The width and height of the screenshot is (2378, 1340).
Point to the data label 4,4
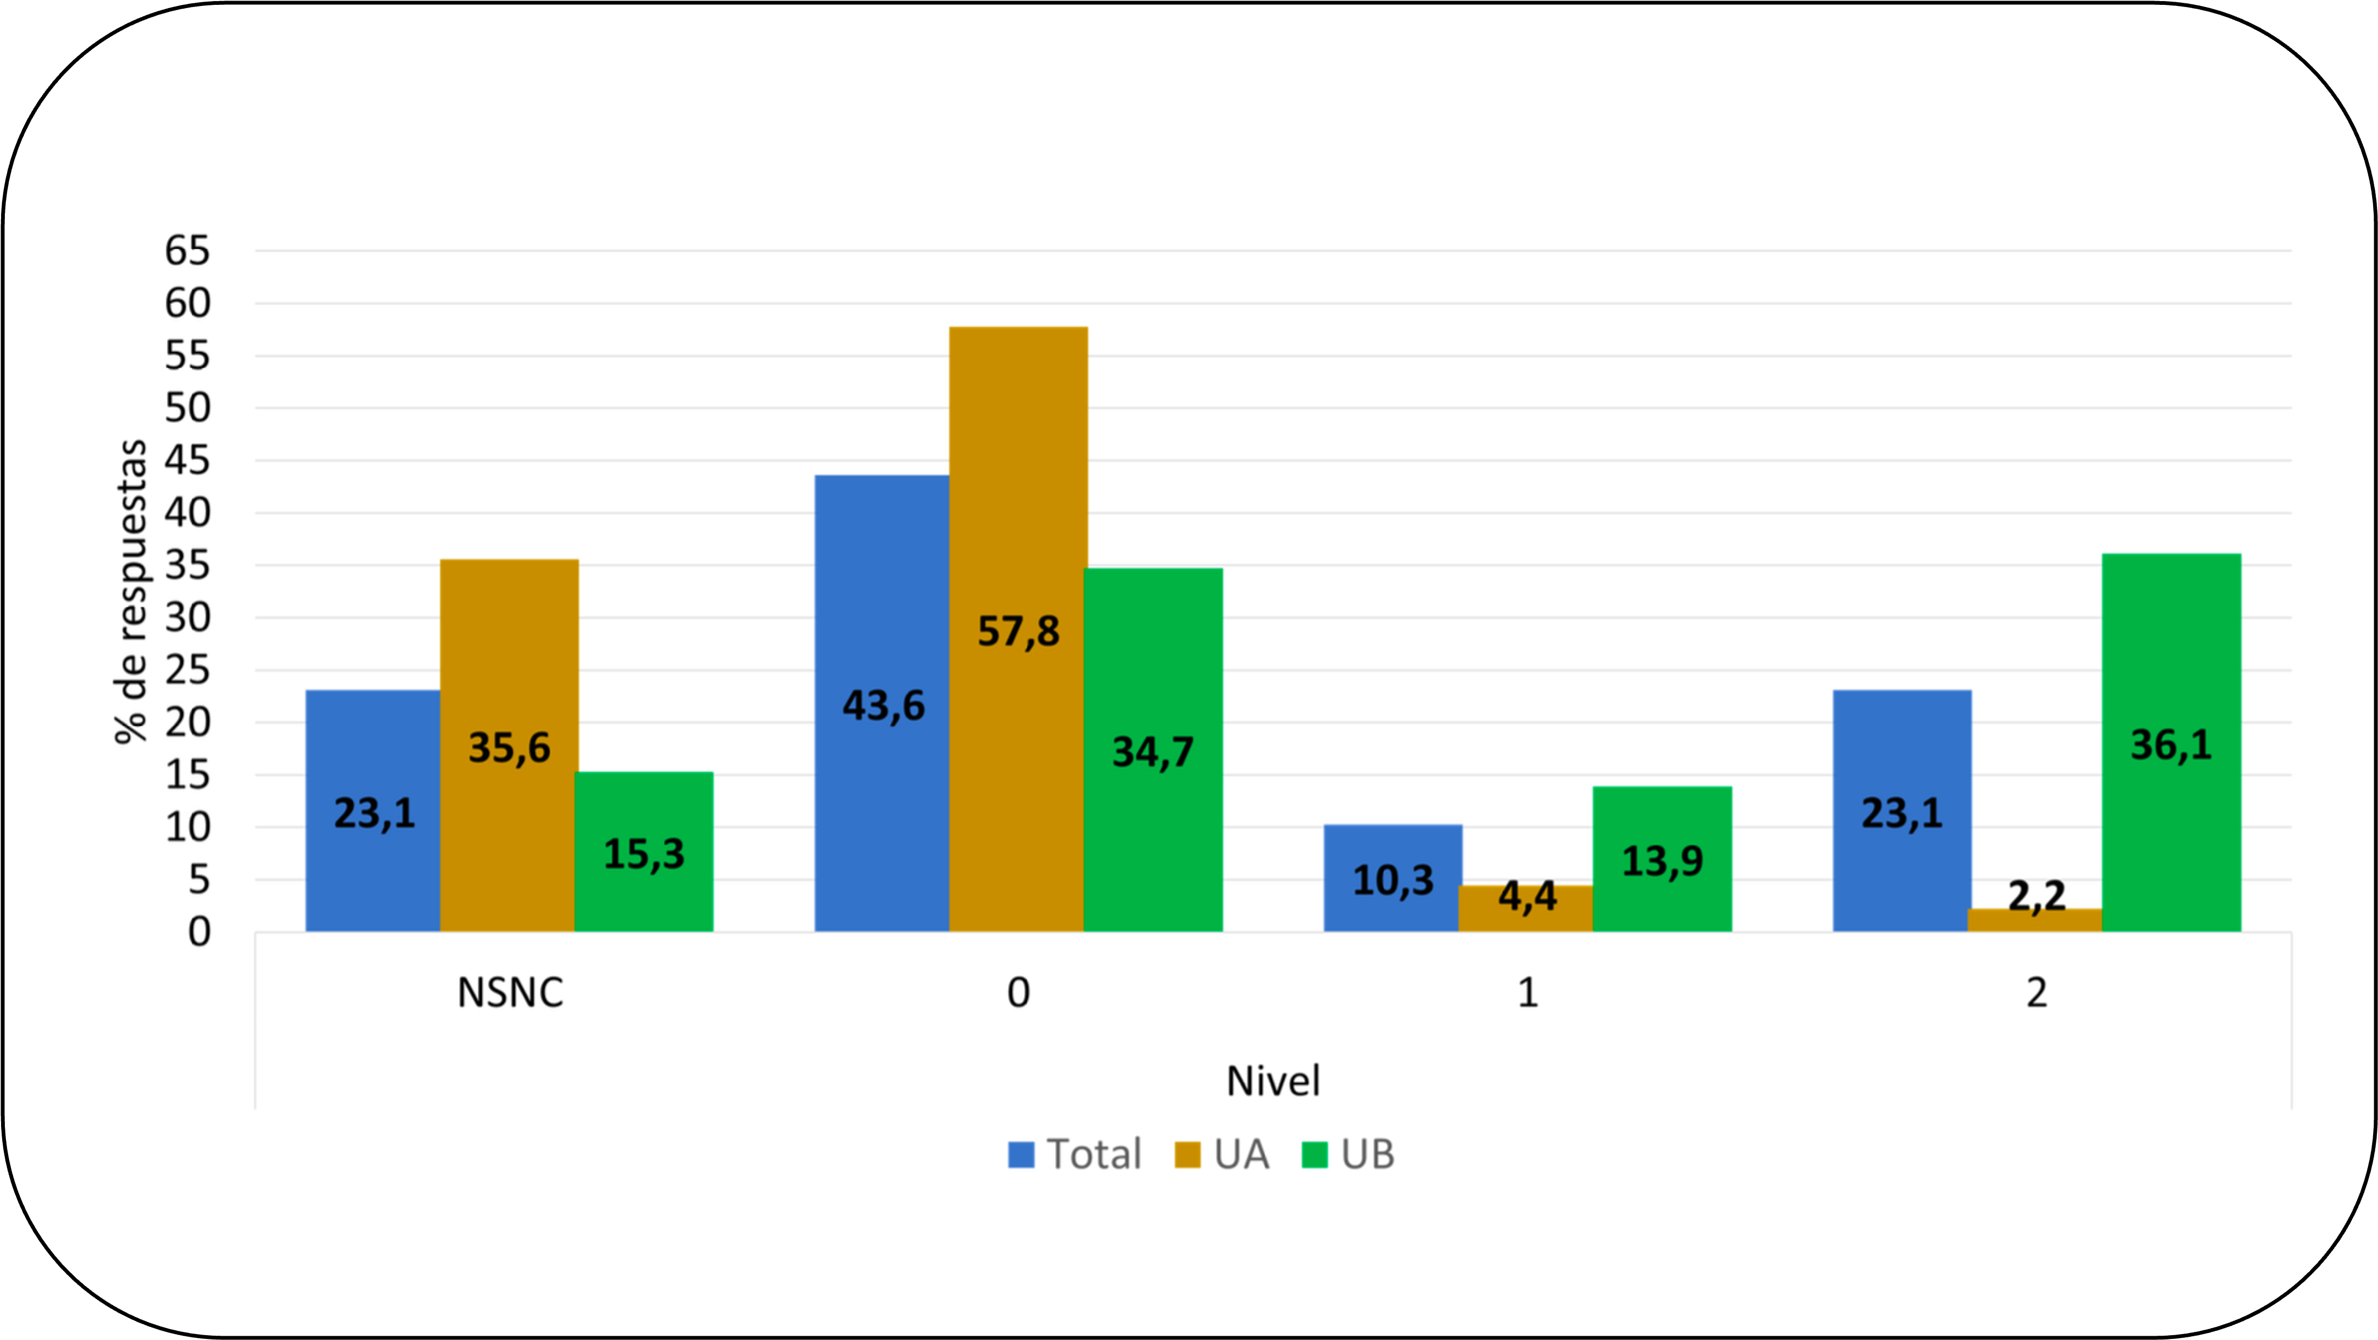pyautogui.click(x=1527, y=896)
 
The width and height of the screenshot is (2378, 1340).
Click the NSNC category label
pyautogui.click(x=510, y=993)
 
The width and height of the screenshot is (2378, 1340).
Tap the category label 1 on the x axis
pyautogui.click(x=1528, y=993)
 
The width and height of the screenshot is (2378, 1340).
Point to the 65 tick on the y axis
pyautogui.click(x=187, y=250)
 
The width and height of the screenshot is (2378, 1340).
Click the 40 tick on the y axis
pyautogui.click(x=187, y=512)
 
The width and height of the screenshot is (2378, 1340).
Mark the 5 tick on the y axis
pyautogui.click(x=198, y=880)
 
